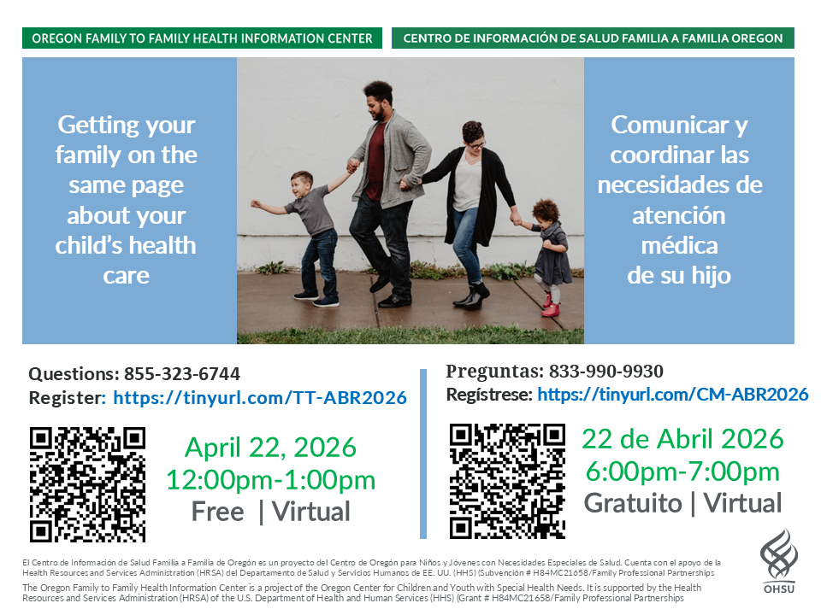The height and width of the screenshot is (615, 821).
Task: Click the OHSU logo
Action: click(x=778, y=559)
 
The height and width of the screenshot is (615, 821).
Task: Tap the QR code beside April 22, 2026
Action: click(x=87, y=484)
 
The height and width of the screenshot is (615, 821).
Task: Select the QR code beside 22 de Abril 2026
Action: click(x=507, y=481)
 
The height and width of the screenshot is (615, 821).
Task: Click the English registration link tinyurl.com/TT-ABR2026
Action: click(x=260, y=398)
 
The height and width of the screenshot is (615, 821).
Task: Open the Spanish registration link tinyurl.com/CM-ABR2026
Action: click(x=673, y=395)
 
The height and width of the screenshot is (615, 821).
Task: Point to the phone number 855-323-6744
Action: click(x=182, y=374)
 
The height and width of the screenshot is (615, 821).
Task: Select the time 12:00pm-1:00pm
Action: click(x=271, y=480)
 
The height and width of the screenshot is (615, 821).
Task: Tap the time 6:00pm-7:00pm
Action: click(x=682, y=471)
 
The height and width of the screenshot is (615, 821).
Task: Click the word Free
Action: click(x=218, y=512)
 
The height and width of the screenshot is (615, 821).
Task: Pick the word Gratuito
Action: click(x=633, y=503)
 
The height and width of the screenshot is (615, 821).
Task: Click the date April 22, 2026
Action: click(x=271, y=448)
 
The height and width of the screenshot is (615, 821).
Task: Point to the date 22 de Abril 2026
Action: click(x=682, y=439)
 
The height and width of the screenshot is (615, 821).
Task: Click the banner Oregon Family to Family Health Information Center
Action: click(x=202, y=38)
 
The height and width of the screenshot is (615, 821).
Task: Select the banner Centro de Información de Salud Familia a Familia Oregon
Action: click(x=593, y=38)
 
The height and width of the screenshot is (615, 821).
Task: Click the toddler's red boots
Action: click(x=549, y=306)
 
